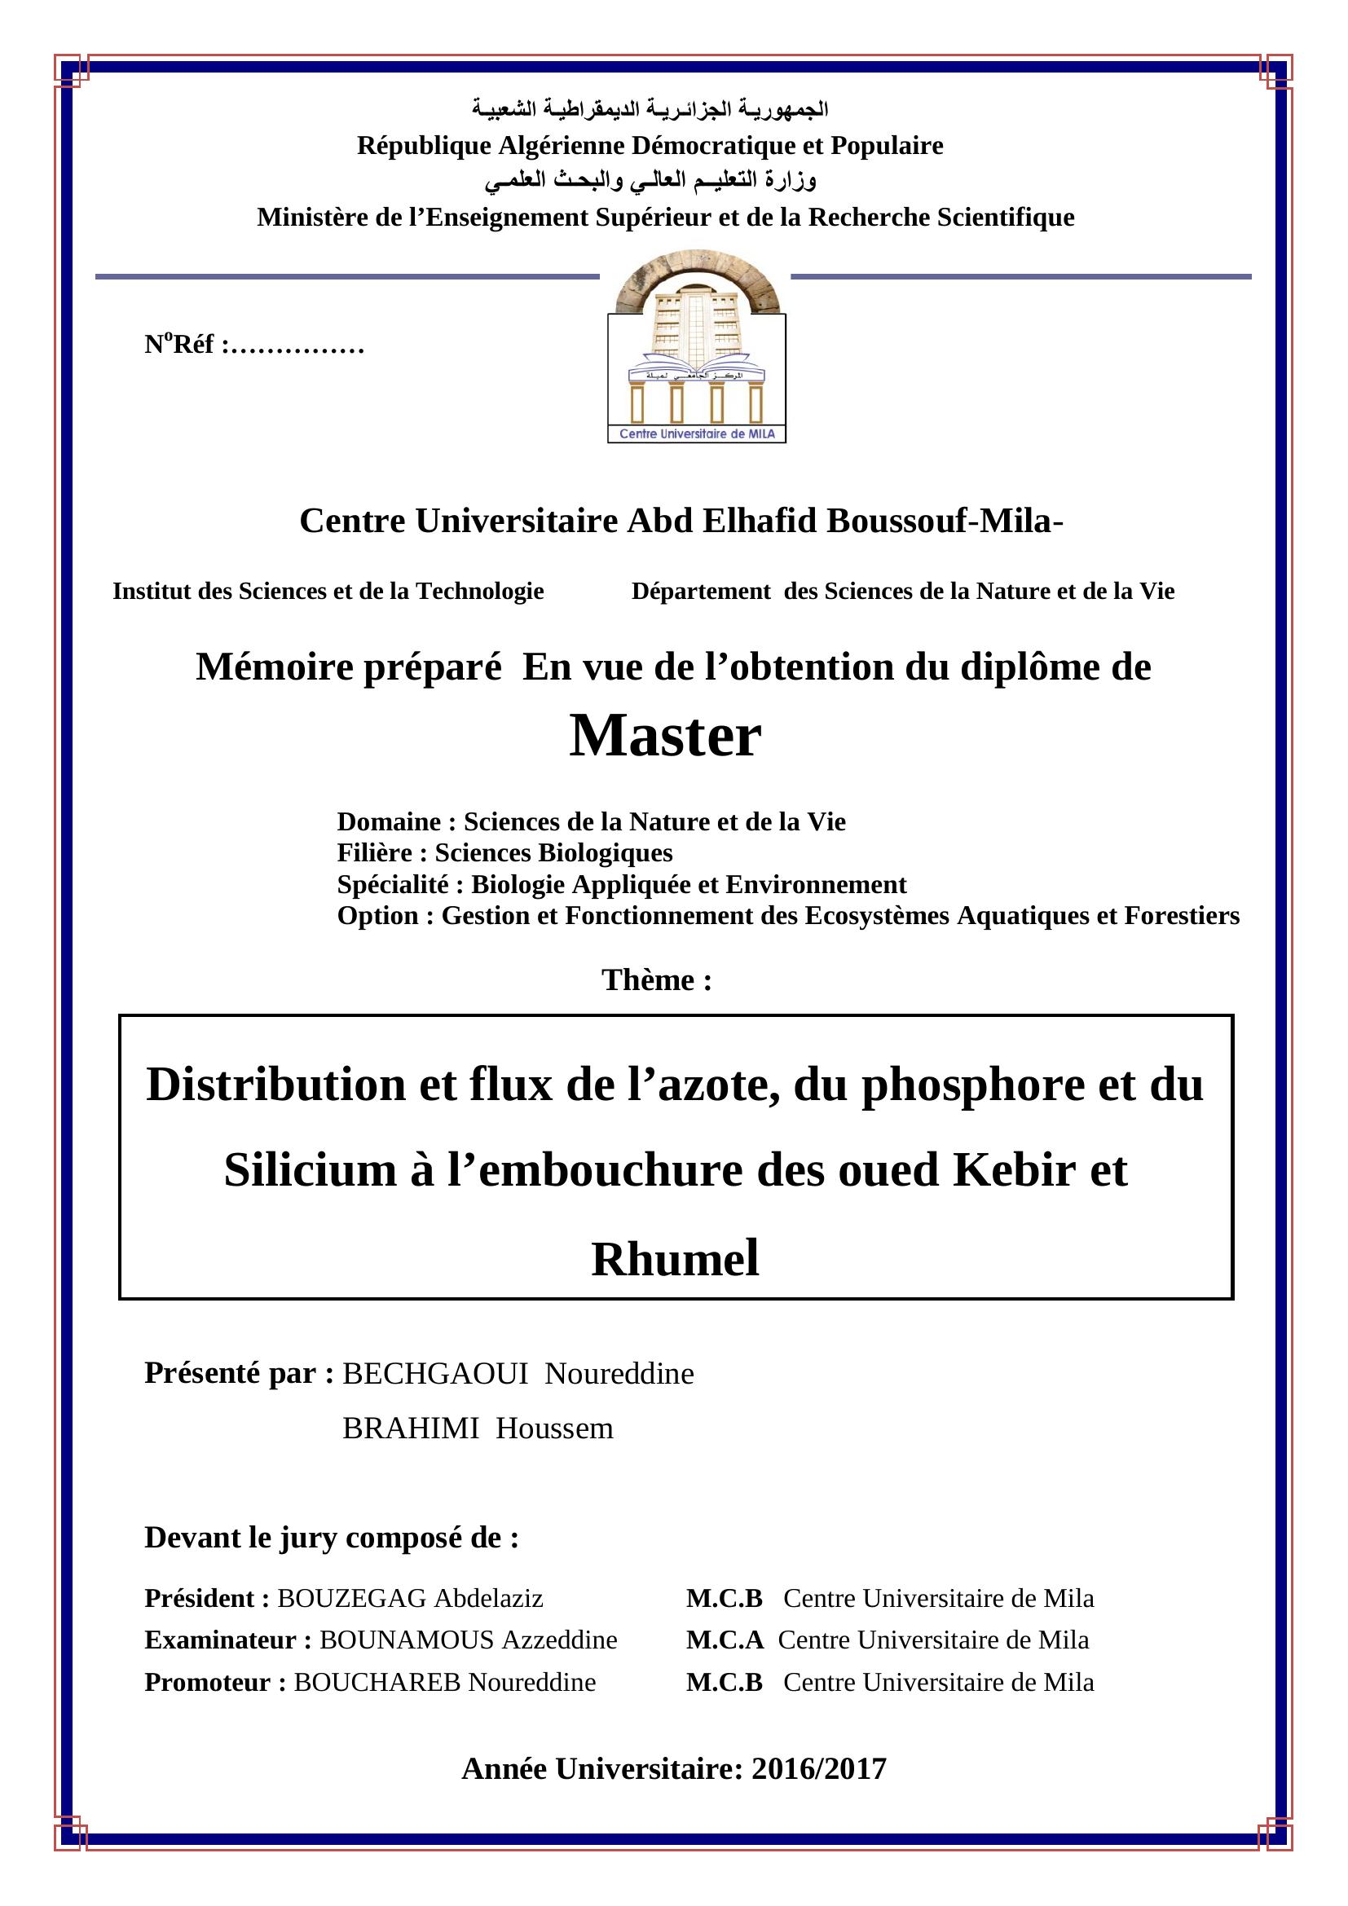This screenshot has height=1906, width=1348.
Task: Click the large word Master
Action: [x=665, y=737]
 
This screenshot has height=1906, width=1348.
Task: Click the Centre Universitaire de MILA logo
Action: [x=696, y=349]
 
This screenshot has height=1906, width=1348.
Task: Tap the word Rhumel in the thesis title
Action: [x=675, y=1258]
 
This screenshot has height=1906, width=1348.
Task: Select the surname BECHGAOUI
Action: [x=435, y=1374]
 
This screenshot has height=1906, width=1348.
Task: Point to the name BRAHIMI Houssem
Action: [x=478, y=1428]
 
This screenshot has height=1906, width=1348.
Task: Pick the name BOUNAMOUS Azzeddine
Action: [x=468, y=1640]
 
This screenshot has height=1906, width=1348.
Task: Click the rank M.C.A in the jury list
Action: [x=725, y=1640]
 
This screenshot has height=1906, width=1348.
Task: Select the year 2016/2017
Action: [x=818, y=1769]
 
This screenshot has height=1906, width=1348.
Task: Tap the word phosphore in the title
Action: [x=972, y=1085]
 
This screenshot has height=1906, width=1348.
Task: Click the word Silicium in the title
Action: [x=311, y=1170]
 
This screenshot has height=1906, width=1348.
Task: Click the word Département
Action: [x=701, y=591]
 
